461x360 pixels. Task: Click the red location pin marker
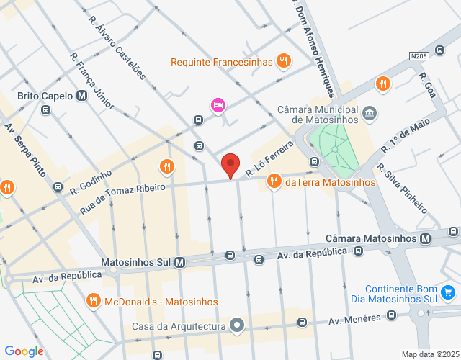(x=230, y=165)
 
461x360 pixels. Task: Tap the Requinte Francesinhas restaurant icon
(x=285, y=61)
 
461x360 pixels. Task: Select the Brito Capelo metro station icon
(x=82, y=96)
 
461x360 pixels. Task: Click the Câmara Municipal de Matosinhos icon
(x=370, y=112)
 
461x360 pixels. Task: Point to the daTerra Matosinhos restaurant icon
(x=274, y=182)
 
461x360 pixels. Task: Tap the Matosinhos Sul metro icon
(x=179, y=263)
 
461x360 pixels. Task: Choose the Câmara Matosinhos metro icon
(x=426, y=238)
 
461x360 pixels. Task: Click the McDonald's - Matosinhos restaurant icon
(x=93, y=300)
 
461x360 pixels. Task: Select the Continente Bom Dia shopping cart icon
(x=448, y=292)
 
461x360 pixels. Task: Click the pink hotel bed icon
(x=218, y=106)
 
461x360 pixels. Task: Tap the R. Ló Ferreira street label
(x=269, y=159)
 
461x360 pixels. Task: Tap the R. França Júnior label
(x=92, y=80)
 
